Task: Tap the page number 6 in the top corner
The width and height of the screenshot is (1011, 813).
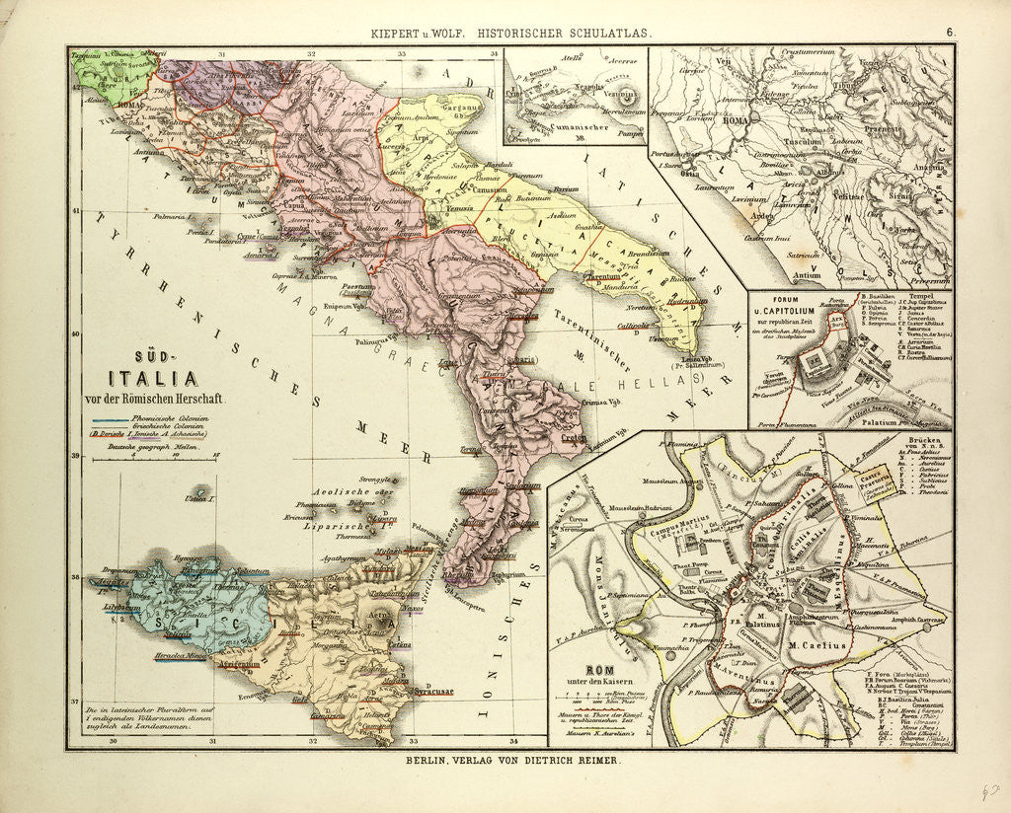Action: [x=950, y=32]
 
